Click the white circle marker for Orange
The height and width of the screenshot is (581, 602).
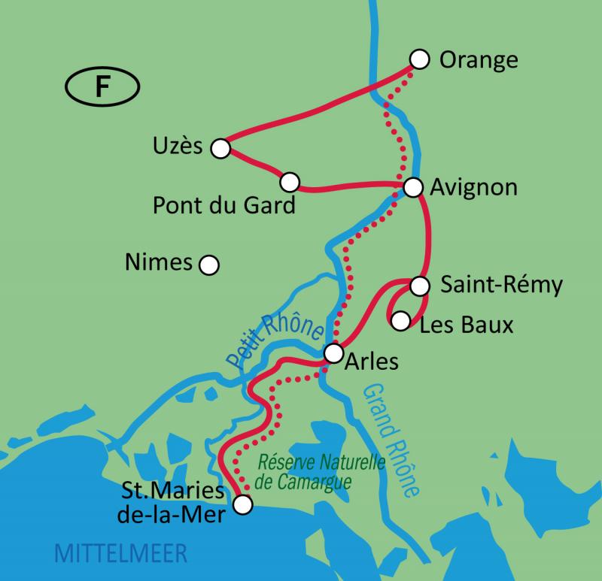tap(419, 59)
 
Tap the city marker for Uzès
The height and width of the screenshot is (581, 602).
tap(220, 148)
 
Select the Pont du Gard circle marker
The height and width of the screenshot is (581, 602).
tap(290, 182)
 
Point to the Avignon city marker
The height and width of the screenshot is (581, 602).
tap(412, 187)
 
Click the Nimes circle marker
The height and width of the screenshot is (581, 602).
tap(208, 265)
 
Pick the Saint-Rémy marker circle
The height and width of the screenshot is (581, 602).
tap(420, 286)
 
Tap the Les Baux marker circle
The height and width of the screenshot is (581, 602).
tap(401, 321)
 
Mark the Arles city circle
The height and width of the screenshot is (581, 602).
tap(333, 353)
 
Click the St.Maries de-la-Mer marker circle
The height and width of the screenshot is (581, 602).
tap(242, 505)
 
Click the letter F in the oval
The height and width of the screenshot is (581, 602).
tap(101, 87)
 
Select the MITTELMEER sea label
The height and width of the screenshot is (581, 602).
tap(120, 555)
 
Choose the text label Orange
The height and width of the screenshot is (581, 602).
tap(478, 59)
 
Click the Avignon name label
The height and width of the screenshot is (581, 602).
tap(473, 187)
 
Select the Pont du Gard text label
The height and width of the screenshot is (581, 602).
tap(223, 204)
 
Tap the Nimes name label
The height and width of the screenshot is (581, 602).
tap(157, 262)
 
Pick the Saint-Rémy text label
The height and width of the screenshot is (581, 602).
tap(500, 286)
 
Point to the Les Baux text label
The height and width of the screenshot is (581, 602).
tap(466, 325)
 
